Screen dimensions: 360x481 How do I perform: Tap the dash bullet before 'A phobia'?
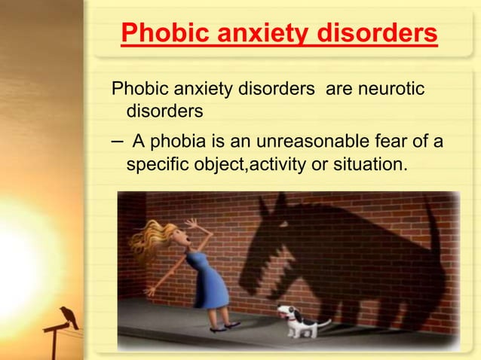(x=117, y=141)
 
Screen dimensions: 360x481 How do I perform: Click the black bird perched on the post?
(x=69, y=316)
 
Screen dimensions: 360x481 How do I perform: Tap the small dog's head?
(x=287, y=312)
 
